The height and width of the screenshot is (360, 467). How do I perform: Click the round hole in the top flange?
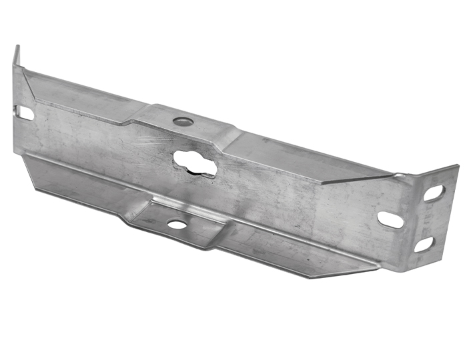coord(183,121)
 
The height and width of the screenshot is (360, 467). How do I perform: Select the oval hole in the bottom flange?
coord(177,225)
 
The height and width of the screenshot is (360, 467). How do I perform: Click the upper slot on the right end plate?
coord(434,193)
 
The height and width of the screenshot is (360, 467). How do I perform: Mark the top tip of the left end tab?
coord(17,48)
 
